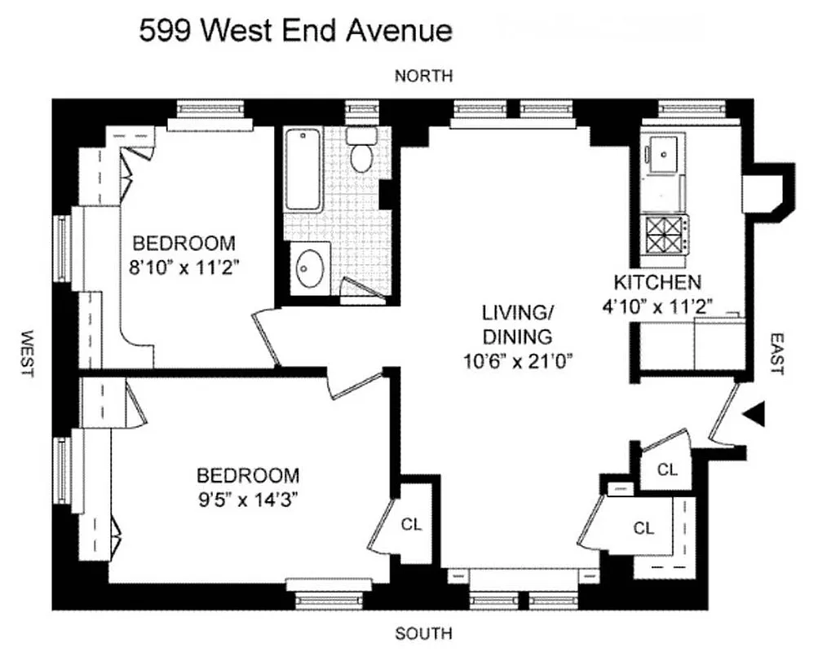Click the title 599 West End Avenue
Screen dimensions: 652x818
(x=295, y=30)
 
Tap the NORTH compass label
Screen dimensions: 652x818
(x=423, y=76)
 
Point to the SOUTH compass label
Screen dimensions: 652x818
(x=423, y=633)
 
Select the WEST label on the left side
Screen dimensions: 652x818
(x=25, y=352)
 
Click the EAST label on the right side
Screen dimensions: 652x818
(x=776, y=353)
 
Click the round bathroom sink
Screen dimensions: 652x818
(x=310, y=270)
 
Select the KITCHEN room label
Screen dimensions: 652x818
(x=657, y=283)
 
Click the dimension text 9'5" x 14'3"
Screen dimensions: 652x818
(x=248, y=499)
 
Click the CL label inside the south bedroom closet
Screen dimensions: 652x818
(x=411, y=525)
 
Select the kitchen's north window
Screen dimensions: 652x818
(x=687, y=108)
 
